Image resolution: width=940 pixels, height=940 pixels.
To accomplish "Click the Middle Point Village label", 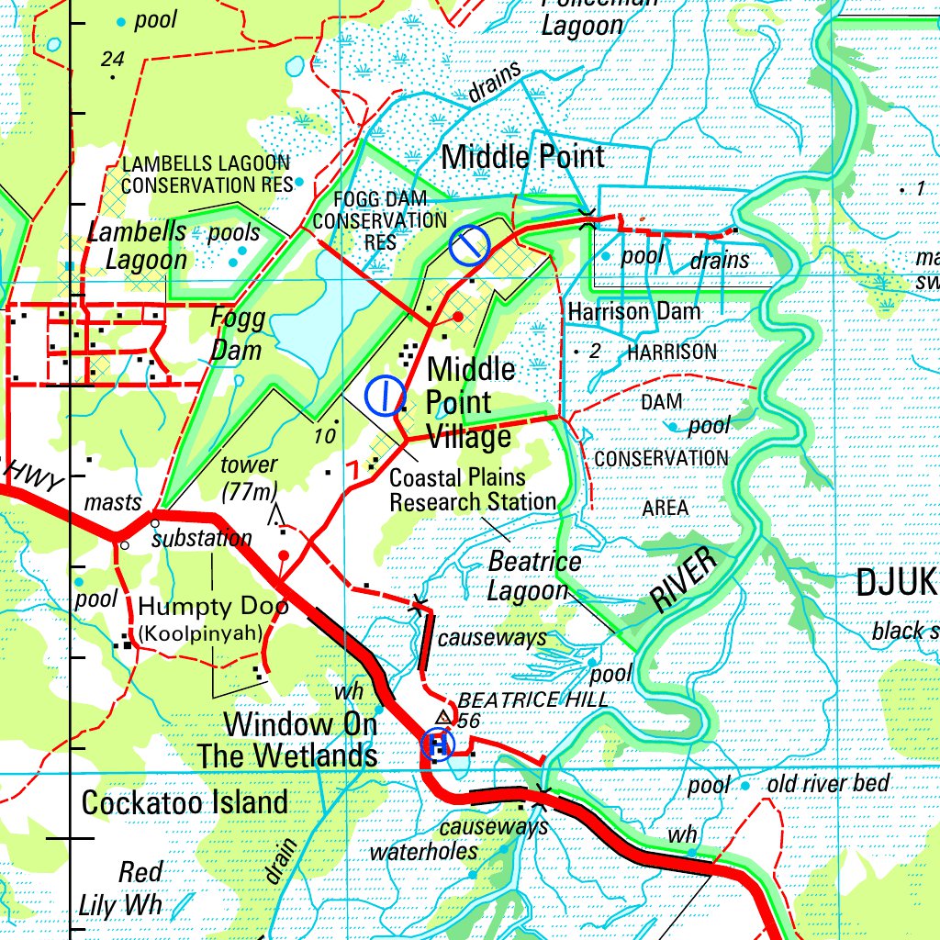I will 470,403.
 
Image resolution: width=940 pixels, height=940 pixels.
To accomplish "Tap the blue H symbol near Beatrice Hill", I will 438,744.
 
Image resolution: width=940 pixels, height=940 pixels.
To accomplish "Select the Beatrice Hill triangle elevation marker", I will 444,717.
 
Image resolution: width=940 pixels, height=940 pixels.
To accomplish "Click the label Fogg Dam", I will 237,335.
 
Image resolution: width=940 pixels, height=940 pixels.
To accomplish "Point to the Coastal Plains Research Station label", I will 472,490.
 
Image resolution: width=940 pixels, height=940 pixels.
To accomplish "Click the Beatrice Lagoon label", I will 532,576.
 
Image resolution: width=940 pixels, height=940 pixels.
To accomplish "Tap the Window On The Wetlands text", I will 301,740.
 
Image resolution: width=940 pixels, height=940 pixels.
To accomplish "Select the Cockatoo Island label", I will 185,802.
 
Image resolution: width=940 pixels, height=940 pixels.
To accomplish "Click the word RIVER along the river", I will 682,579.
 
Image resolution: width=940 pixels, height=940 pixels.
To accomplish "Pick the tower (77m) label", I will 249,477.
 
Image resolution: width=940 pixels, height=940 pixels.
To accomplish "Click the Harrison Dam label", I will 633,312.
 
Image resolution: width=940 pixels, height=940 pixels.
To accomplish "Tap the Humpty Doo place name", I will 213,606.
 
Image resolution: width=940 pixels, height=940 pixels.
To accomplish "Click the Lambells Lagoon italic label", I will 138,245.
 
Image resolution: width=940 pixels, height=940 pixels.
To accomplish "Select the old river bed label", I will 828,783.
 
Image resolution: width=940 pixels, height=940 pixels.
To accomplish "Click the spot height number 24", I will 112,60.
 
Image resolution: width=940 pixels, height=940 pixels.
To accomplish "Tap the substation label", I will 202,538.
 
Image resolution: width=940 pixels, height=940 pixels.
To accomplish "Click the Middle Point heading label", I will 523,157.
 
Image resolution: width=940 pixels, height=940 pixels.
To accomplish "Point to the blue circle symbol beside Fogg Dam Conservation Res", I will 469,244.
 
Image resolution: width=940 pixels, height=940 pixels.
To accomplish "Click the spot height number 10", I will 324,437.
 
